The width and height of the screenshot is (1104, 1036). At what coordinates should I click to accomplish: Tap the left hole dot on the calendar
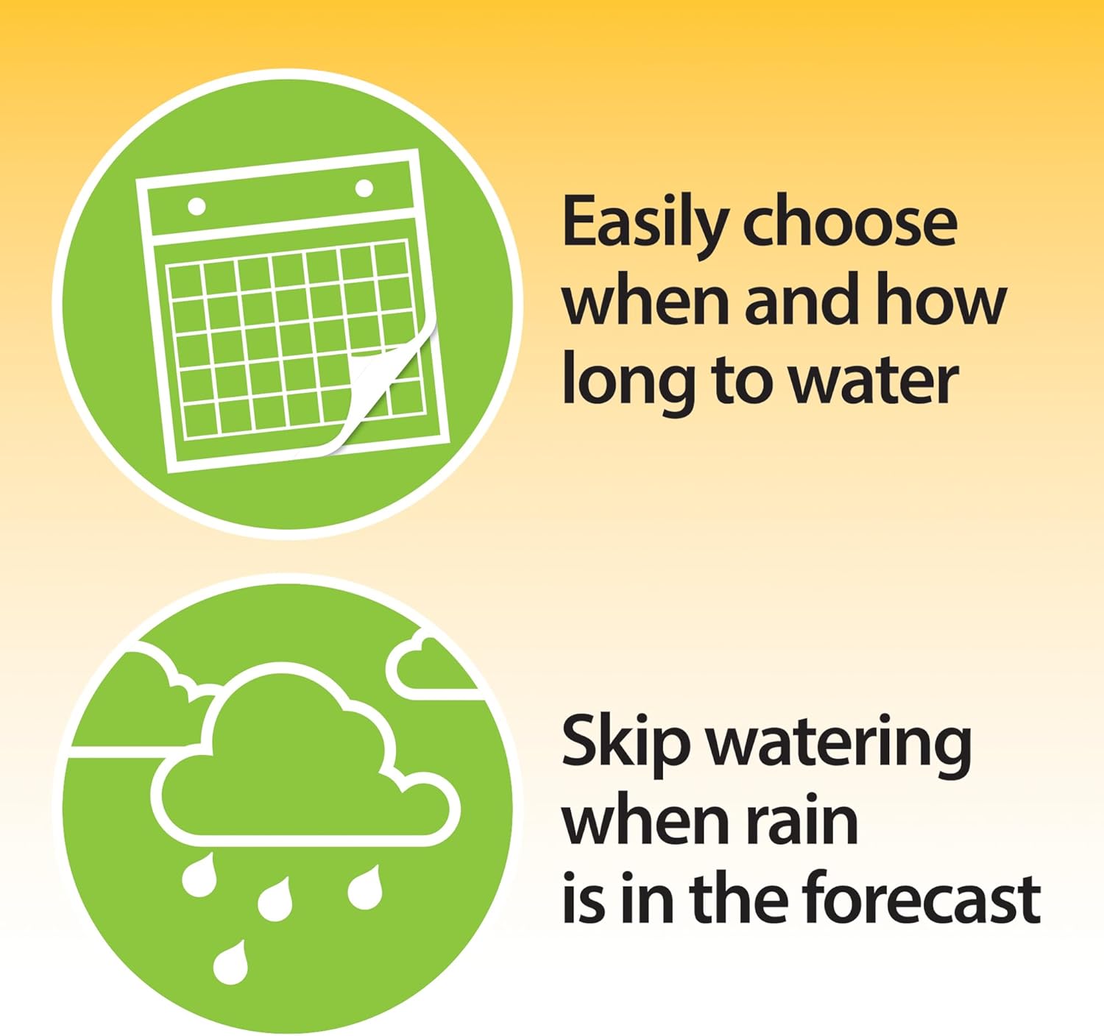197,207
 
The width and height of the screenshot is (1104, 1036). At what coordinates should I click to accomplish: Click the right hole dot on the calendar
364,188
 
